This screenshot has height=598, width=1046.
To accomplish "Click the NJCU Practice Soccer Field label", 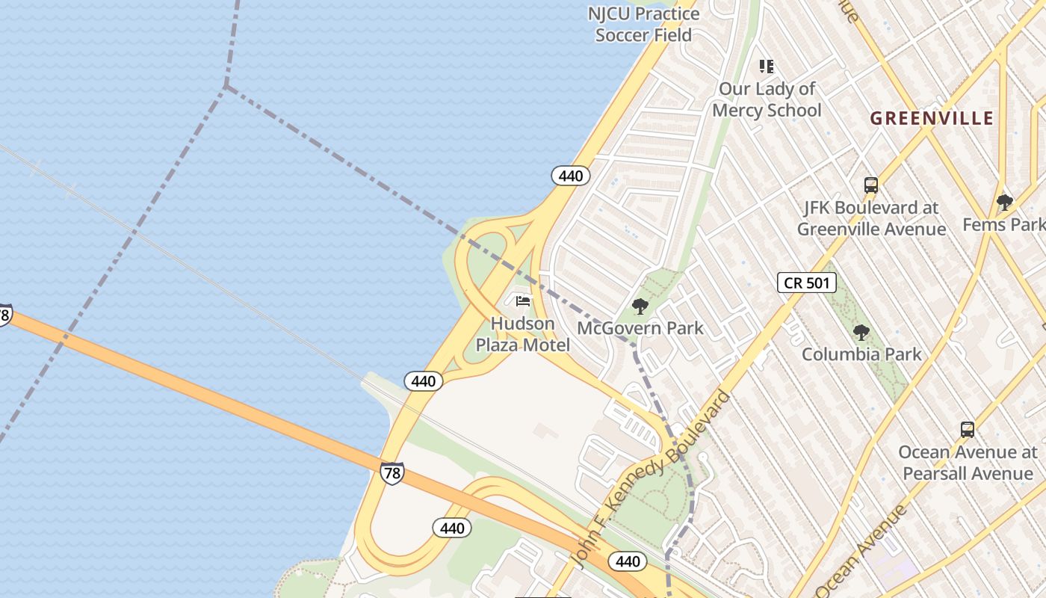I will tap(643, 24).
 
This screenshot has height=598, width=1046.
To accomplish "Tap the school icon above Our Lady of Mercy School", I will tap(766, 67).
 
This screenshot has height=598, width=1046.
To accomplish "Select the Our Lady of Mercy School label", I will tap(767, 99).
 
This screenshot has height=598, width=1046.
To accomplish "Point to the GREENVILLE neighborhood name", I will tap(932, 118).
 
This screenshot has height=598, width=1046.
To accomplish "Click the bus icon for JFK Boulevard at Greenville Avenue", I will tap(870, 185).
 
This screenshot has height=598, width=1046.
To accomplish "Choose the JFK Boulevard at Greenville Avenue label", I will tap(871, 218).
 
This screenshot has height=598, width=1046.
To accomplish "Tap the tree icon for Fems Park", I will tap(1005, 202).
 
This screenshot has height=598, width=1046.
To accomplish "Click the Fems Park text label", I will tap(1003, 224).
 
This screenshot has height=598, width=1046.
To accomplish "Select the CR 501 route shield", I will tap(806, 283).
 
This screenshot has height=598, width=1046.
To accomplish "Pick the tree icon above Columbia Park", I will tap(861, 333).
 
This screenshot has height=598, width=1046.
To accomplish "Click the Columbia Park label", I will tap(861, 354).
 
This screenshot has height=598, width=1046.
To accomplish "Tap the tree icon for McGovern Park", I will tap(640, 306).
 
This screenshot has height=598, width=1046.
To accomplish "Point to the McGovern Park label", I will tap(640, 328).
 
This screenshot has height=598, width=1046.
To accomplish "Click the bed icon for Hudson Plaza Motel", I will tap(523, 301).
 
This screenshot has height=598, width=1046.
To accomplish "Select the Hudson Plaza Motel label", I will tap(523, 334).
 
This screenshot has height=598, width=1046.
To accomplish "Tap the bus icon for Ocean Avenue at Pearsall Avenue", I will tap(968, 430).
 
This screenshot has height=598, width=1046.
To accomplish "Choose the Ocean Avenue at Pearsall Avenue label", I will tap(968, 463).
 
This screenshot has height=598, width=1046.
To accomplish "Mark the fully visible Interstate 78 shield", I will tap(392, 472).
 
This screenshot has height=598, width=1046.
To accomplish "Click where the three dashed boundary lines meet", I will tap(225, 86).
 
